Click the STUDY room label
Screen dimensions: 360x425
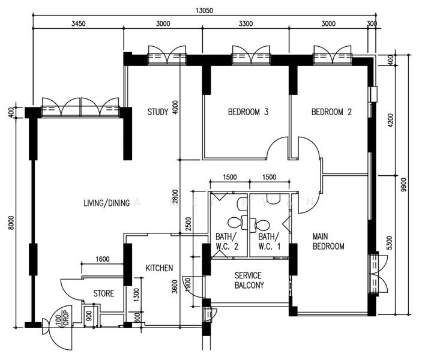click(x=158, y=112)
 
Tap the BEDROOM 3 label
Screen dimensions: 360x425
click(x=248, y=112)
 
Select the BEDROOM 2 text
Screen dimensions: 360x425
click(x=331, y=112)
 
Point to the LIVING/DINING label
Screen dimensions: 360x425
click(x=107, y=203)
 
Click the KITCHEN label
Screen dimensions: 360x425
click(x=159, y=268)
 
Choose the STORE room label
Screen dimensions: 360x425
click(x=103, y=293)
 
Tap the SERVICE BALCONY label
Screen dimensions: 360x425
click(x=249, y=280)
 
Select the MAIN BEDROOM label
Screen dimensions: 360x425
click(x=328, y=241)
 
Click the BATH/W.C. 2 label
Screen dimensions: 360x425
click(x=228, y=241)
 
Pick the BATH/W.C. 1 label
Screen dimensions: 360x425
click(x=270, y=241)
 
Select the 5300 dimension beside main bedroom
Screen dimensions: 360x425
click(x=390, y=244)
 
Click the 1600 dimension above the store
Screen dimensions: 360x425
click(x=103, y=259)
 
